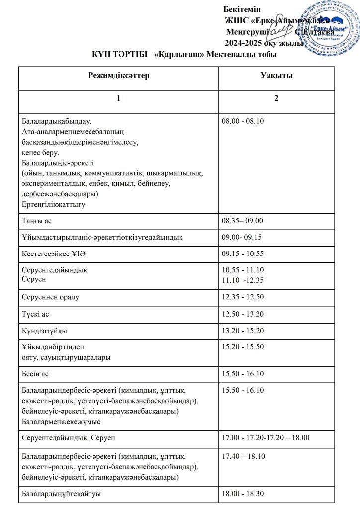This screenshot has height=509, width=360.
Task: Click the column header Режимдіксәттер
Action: pos(118,76)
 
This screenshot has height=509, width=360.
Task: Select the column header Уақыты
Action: pos(276,76)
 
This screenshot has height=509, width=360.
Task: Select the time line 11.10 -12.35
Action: pos(242,281)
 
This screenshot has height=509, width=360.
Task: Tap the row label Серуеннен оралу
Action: pos(51,297)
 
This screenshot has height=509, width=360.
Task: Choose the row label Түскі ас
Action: pos(36,314)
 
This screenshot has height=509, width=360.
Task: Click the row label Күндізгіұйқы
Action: pos(45,331)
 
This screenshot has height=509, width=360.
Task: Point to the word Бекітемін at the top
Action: pos(239,9)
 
